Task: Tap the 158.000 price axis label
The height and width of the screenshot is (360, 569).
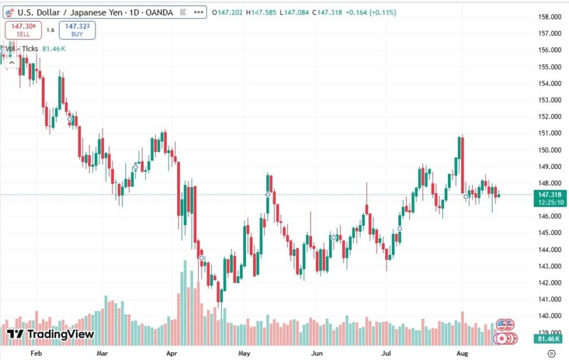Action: coord(550,17)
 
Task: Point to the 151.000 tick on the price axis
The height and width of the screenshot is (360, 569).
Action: coord(550,133)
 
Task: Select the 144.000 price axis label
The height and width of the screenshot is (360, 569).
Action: coord(550,249)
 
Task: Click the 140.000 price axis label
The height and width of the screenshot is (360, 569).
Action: coord(550,316)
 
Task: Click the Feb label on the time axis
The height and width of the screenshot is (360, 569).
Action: coord(36,353)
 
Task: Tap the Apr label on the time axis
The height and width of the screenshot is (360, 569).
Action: coord(173,353)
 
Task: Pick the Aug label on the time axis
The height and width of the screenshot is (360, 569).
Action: coord(461,353)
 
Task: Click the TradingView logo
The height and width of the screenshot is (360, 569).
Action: coord(51,334)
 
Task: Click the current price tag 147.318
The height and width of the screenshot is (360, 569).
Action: coord(550,194)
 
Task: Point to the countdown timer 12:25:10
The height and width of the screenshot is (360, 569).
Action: coord(550,202)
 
